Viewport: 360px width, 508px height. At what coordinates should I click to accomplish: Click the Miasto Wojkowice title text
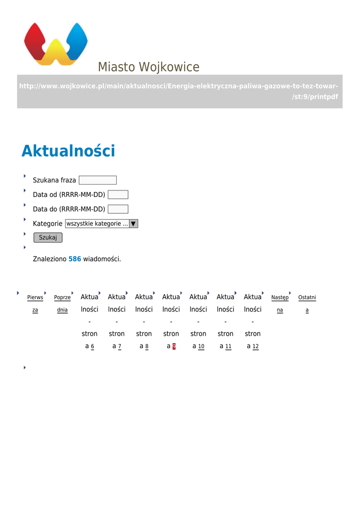148,67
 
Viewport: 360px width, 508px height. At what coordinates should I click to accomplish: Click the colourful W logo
56,44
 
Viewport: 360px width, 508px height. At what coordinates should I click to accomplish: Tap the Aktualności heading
68,151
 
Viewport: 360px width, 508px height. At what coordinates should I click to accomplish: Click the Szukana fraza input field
97,180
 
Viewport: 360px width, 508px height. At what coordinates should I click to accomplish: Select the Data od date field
118,194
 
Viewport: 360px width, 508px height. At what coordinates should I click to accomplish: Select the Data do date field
118,209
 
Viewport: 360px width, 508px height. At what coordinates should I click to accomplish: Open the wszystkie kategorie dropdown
101,224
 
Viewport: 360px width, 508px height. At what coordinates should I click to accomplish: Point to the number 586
74,259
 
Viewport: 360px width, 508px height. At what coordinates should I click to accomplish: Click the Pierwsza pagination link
35,304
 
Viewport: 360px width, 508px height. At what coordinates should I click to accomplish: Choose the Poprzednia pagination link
62,304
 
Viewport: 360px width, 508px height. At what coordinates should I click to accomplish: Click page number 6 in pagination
92,346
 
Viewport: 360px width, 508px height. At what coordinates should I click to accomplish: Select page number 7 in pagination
120,346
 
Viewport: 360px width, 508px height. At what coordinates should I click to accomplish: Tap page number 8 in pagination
147,346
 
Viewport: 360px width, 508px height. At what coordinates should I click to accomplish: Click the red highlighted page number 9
174,346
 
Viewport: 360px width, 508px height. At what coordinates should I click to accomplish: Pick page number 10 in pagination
201,346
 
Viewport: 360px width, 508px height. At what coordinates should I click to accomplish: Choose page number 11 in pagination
228,346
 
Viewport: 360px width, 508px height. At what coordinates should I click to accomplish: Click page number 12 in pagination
255,346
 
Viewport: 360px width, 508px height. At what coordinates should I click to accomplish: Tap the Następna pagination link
280,304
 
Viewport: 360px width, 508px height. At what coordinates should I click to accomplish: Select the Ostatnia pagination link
307,304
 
